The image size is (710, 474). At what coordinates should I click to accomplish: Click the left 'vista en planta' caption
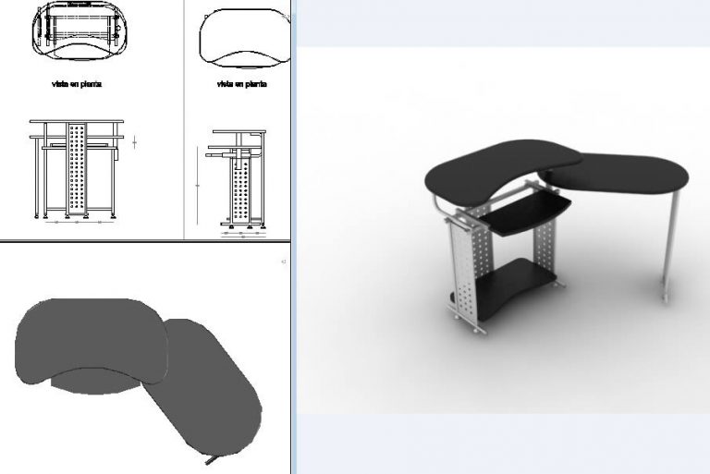pyautogui.click(x=77, y=84)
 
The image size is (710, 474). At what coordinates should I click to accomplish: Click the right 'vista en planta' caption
pyautogui.click(x=241, y=84)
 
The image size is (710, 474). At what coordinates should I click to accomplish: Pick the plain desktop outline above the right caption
pyautogui.click(x=239, y=37)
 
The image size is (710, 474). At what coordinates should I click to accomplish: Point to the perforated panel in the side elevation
pyautogui.click(x=243, y=189)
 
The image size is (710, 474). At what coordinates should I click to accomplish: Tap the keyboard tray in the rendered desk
pyautogui.click(x=525, y=213)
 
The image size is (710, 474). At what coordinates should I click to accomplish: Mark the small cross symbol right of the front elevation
pyautogui.click(x=135, y=142)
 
